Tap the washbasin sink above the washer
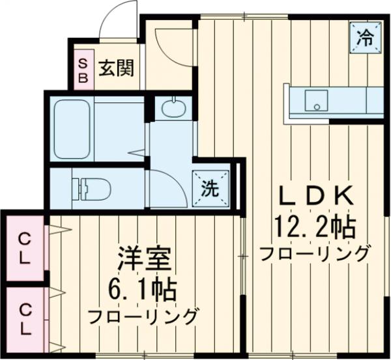pos(173,108)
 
